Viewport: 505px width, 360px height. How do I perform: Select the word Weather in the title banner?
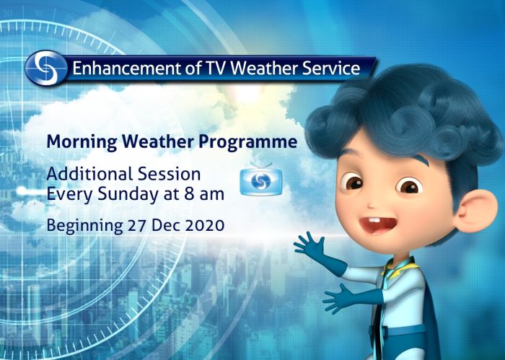coord(245,69)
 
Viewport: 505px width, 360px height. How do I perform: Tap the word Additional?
coord(82,175)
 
